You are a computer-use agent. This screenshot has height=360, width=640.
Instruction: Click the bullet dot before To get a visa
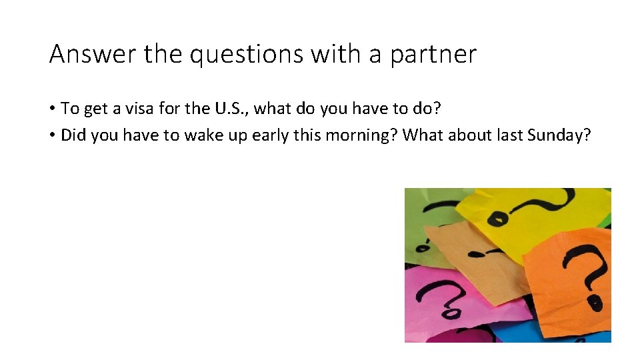pyautogui.click(x=52, y=109)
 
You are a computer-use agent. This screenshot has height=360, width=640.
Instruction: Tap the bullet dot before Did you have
pyautogui.click(x=52, y=135)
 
